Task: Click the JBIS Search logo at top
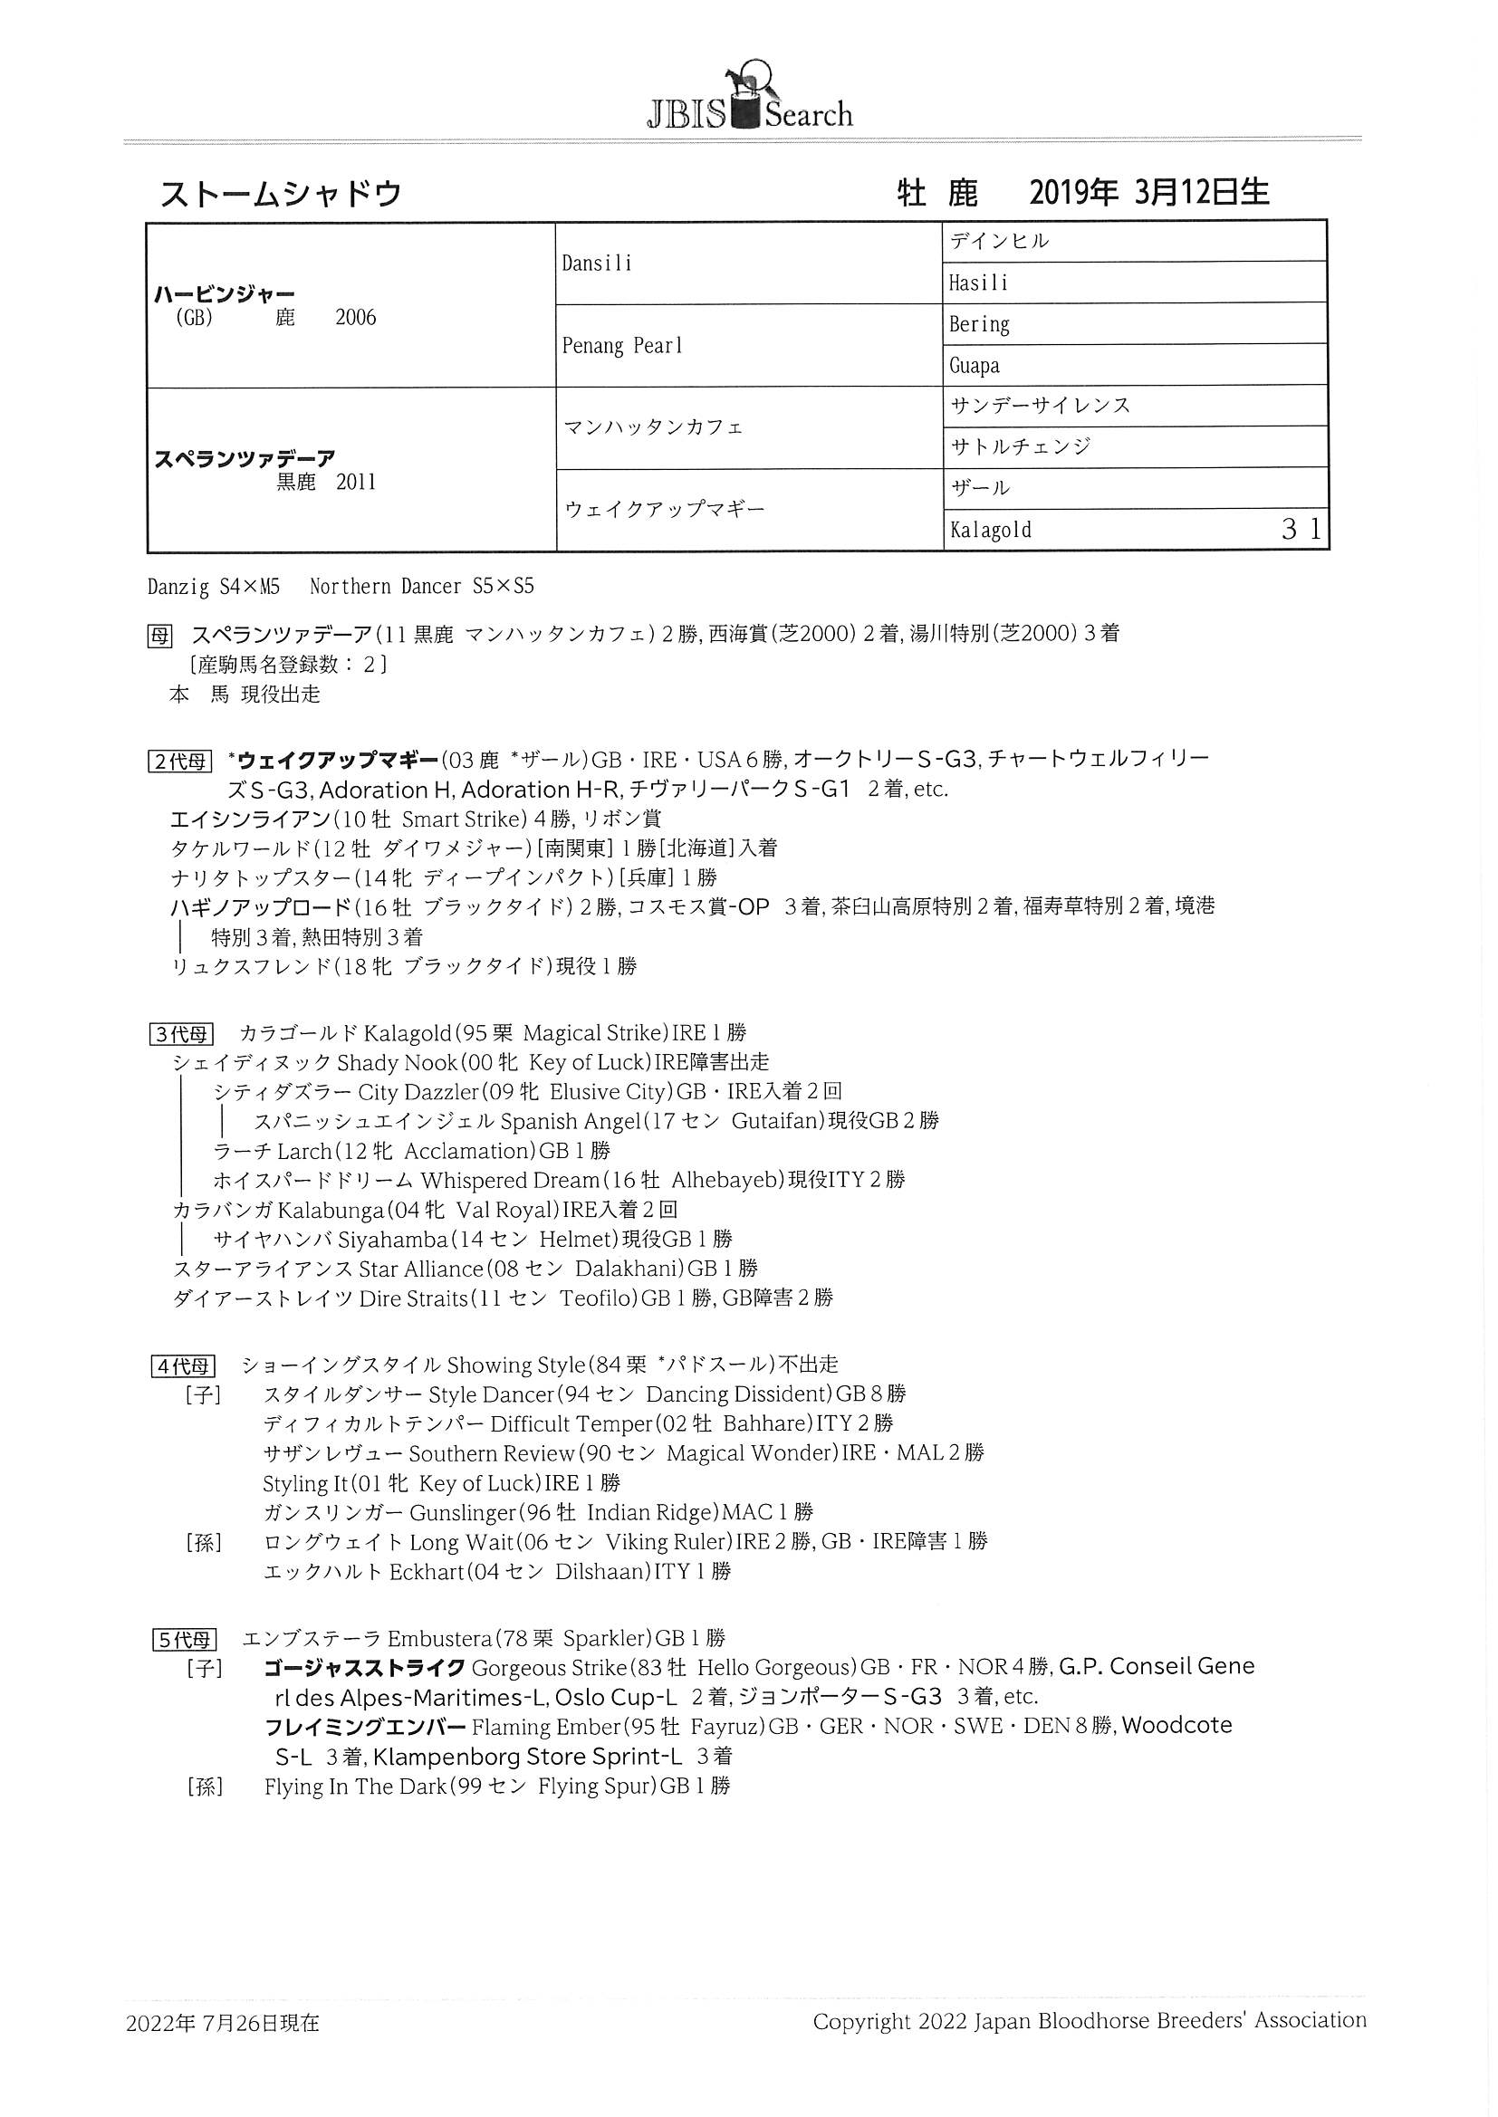pyautogui.click(x=748, y=99)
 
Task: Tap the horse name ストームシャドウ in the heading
pyautogui.click(x=282, y=194)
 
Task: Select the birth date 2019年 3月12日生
pyautogui.click(x=1148, y=192)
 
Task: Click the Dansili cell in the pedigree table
pyautogui.click(x=597, y=263)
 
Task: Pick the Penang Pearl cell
pyautogui.click(x=621, y=346)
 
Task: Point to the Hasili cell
pyautogui.click(x=978, y=283)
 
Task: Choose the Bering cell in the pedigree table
pyautogui.click(x=979, y=324)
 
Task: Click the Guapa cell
pyautogui.click(x=975, y=366)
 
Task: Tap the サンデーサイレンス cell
pyautogui.click(x=1040, y=406)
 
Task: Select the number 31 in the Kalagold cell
pyautogui.click(x=1301, y=529)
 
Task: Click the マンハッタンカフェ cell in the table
pyautogui.click(x=653, y=427)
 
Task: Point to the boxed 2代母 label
pyautogui.click(x=180, y=761)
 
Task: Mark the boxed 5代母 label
pyautogui.click(x=183, y=1640)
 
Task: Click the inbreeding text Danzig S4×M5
pyautogui.click(x=213, y=587)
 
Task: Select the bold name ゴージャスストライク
pyautogui.click(x=363, y=1668)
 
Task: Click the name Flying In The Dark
pyautogui.click(x=354, y=1786)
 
